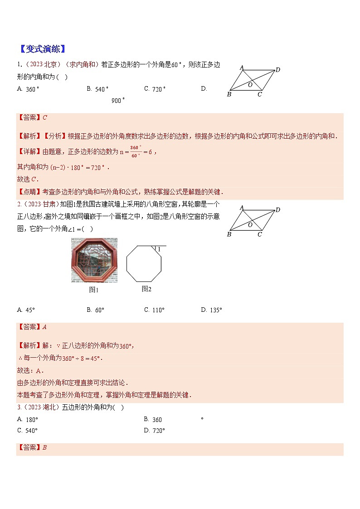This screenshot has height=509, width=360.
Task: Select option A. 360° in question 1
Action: pyautogui.click(x=28, y=89)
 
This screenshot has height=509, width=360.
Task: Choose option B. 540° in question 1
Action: pyautogui.click(x=97, y=89)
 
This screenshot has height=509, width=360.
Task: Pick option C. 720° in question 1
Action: pyautogui.click(x=155, y=89)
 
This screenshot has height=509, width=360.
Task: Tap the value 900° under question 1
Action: pyautogui.click(x=118, y=101)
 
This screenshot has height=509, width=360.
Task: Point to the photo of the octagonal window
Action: pyautogui.click(x=94, y=260)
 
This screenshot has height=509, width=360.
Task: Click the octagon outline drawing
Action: pyautogui.click(x=144, y=265)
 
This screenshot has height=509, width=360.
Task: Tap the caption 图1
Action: pyautogui.click(x=94, y=290)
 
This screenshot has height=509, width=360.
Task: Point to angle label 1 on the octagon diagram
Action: pyautogui.click(x=159, y=249)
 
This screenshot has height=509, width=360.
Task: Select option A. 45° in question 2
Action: pyautogui.click(x=26, y=310)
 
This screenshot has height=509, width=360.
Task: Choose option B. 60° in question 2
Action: pyautogui.click(x=96, y=310)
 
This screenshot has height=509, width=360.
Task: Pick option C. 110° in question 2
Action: pyautogui.click(x=154, y=310)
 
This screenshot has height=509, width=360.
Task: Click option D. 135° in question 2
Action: pyautogui.click(x=212, y=310)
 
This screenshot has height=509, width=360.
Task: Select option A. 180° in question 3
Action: pyautogui.click(x=28, y=419)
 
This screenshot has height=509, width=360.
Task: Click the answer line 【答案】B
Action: pyautogui.click(x=32, y=448)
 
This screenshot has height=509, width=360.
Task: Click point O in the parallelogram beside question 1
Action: pyautogui.click(x=250, y=84)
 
